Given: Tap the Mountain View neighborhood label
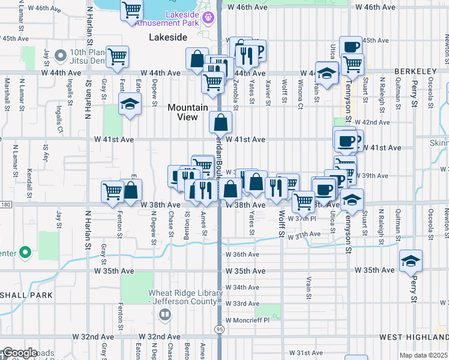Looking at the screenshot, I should [x=188, y=112].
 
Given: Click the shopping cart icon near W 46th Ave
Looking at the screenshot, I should [x=131, y=10].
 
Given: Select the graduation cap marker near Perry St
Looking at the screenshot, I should [x=411, y=262].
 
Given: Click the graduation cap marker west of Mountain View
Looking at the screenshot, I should [x=130, y=105].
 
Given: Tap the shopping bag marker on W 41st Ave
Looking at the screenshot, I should [x=221, y=123].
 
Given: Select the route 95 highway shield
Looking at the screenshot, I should [x=219, y=329].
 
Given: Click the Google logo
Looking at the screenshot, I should [x=20, y=353].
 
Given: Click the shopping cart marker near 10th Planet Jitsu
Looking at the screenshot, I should [x=118, y=56].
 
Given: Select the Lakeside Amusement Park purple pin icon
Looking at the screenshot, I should [x=208, y=18].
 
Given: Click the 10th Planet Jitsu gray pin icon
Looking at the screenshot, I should [x=59, y=56].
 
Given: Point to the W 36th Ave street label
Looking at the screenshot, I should [x=243, y=254].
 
